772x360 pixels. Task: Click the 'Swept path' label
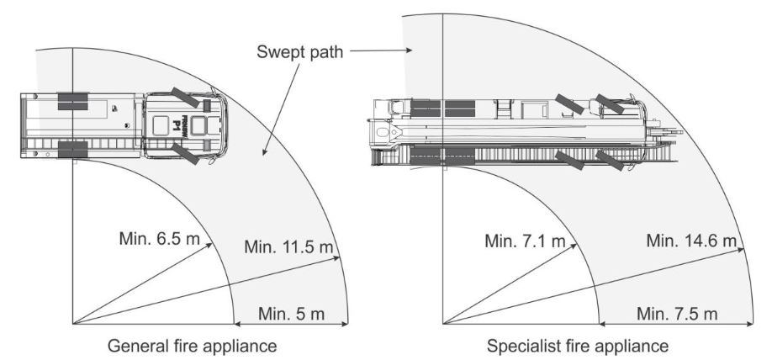click(x=300, y=51)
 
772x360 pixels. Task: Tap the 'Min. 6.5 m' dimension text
click(x=160, y=239)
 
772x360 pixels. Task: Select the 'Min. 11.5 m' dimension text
click(x=288, y=246)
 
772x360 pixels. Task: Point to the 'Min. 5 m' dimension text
click(x=292, y=314)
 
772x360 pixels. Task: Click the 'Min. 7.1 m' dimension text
click(x=525, y=241)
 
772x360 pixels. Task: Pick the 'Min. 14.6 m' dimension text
click(x=692, y=241)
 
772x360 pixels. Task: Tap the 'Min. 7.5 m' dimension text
click(x=677, y=314)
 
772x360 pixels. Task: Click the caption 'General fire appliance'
click(x=192, y=346)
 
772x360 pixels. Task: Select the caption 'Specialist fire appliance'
click(x=578, y=346)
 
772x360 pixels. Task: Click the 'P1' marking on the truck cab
click(x=176, y=125)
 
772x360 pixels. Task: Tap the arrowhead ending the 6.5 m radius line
click(x=209, y=245)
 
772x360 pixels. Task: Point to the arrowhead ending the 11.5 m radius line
click(x=336, y=257)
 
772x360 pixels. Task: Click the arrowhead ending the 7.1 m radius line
click(x=573, y=246)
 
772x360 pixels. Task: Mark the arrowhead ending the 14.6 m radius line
click(x=741, y=250)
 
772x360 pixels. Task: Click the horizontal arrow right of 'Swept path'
click(x=381, y=50)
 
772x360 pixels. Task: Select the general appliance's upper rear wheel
click(x=73, y=102)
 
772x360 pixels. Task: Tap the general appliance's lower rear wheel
click(x=73, y=149)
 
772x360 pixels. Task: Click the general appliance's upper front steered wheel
click(x=186, y=97)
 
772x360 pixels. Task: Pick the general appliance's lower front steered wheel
click(x=186, y=154)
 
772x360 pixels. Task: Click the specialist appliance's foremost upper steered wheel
click(x=610, y=104)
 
